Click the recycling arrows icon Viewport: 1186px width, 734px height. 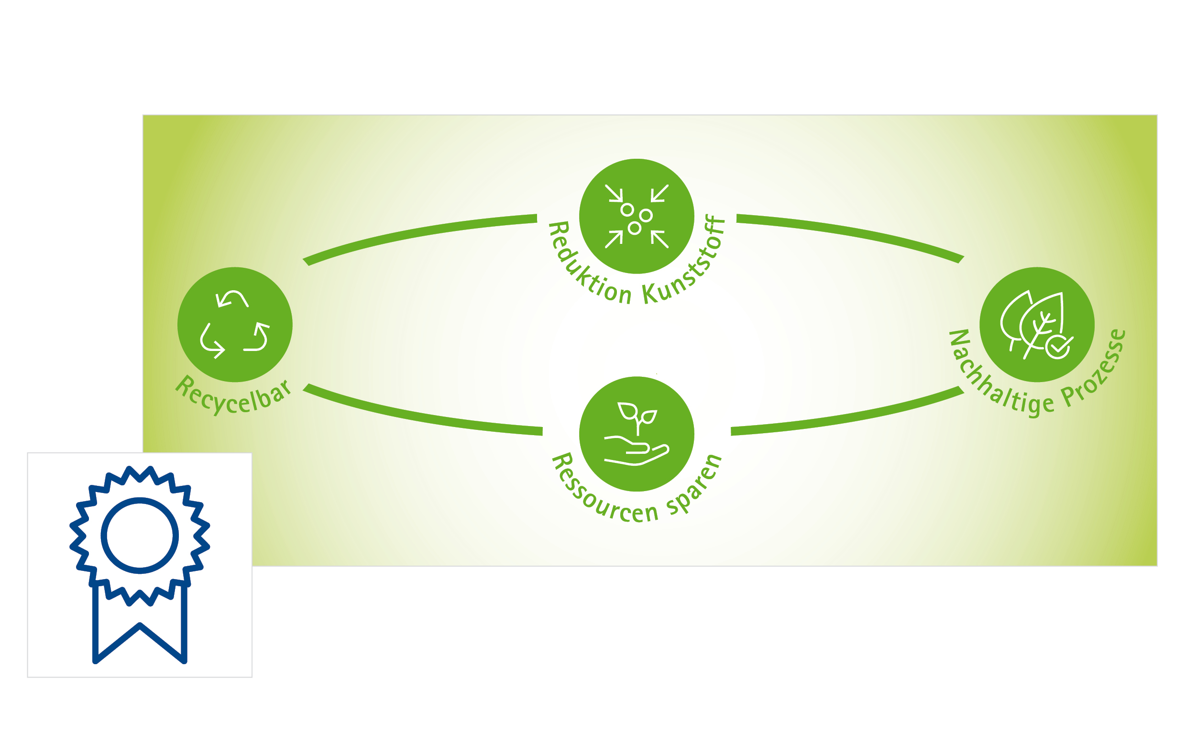pos(234,324)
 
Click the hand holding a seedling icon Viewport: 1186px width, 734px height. pos(636,434)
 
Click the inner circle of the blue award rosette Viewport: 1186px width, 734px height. pos(139,536)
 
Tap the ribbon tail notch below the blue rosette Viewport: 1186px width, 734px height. pos(139,625)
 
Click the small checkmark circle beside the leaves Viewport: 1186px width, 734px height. pos(1057,346)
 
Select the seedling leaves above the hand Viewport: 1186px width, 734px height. pos(637,413)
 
